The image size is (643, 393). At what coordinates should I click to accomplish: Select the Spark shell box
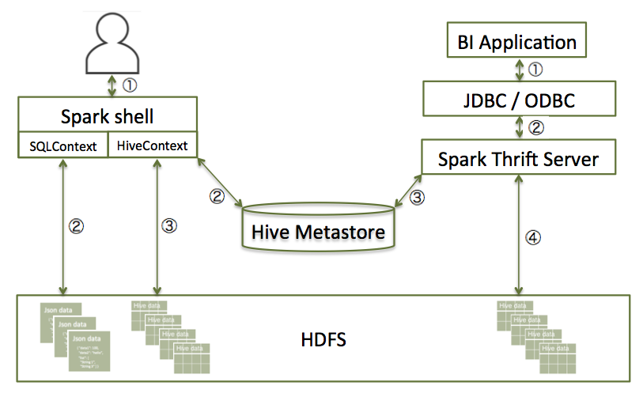(108, 117)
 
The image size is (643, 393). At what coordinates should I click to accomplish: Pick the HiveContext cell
(152, 145)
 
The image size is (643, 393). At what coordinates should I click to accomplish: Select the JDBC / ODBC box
(518, 99)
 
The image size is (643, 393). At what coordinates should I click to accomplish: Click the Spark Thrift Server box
(518, 159)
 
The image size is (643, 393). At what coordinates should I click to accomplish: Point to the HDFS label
(323, 342)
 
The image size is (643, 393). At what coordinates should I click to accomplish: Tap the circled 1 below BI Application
(535, 70)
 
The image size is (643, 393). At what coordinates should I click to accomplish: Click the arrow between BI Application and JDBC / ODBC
(519, 70)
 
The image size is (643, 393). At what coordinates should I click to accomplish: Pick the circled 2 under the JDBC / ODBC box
(535, 127)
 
